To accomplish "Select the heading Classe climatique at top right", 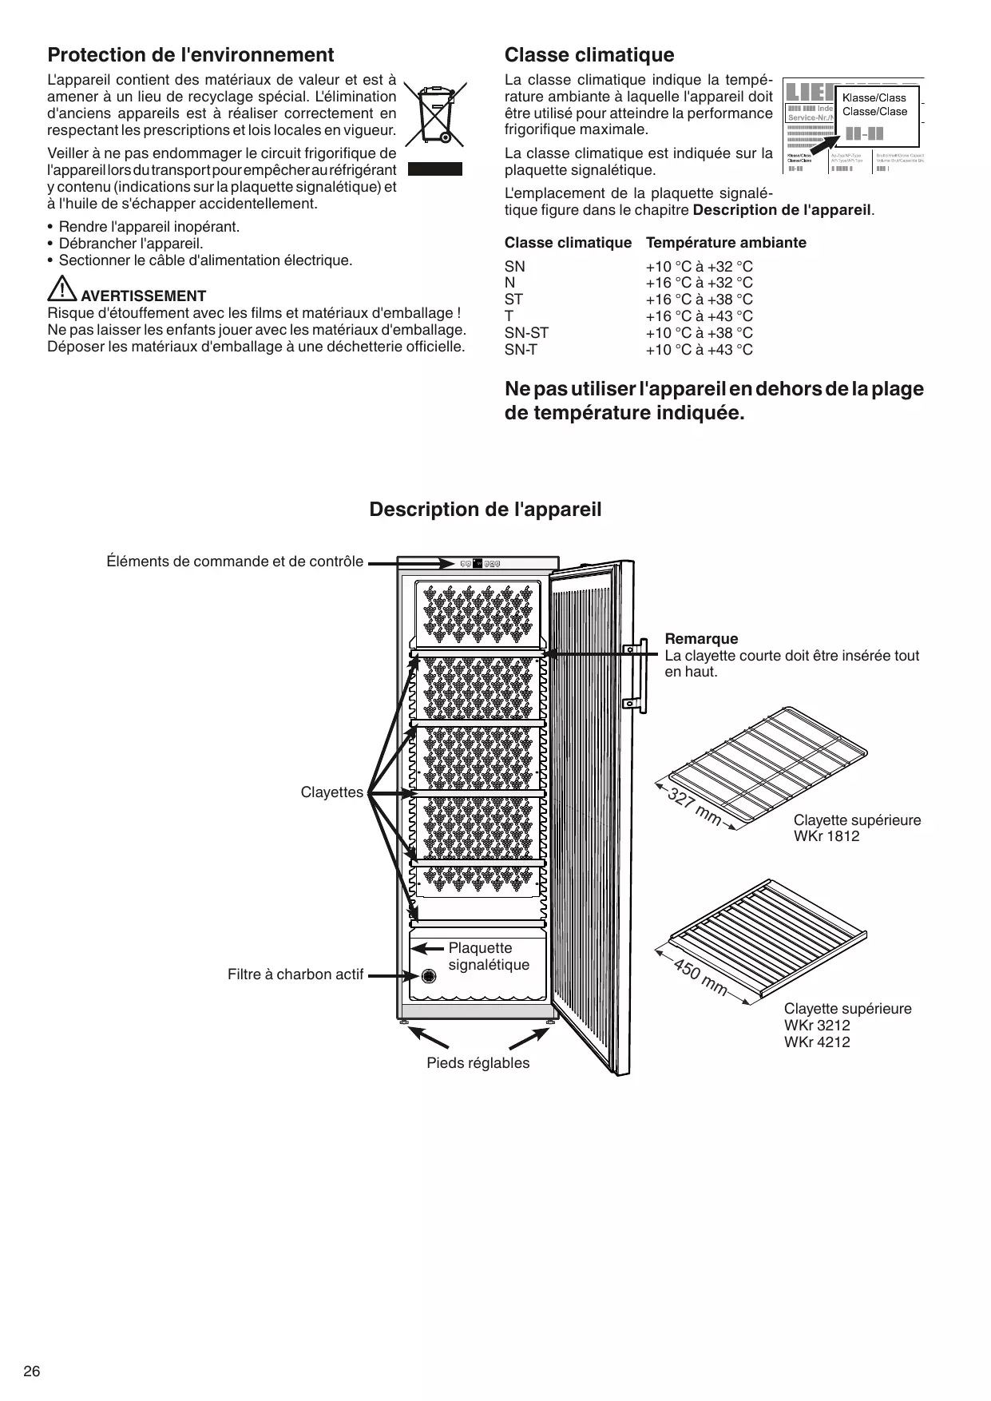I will click(x=589, y=55).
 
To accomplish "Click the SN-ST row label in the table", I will click(x=526, y=333).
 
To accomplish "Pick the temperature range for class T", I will click(x=699, y=316).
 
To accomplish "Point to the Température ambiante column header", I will click(x=726, y=243).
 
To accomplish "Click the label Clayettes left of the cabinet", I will click(x=331, y=793).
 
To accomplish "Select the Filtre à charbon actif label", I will click(x=295, y=974).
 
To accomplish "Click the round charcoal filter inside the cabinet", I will click(x=429, y=976).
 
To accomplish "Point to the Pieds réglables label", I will click(x=478, y=1063).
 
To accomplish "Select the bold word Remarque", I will click(x=701, y=639).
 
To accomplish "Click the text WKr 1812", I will click(x=826, y=837).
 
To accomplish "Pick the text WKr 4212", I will click(x=817, y=1042).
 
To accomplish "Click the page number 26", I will click(x=32, y=1371).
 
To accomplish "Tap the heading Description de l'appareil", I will click(x=486, y=510).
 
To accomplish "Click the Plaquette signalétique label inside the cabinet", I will click(x=488, y=956).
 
